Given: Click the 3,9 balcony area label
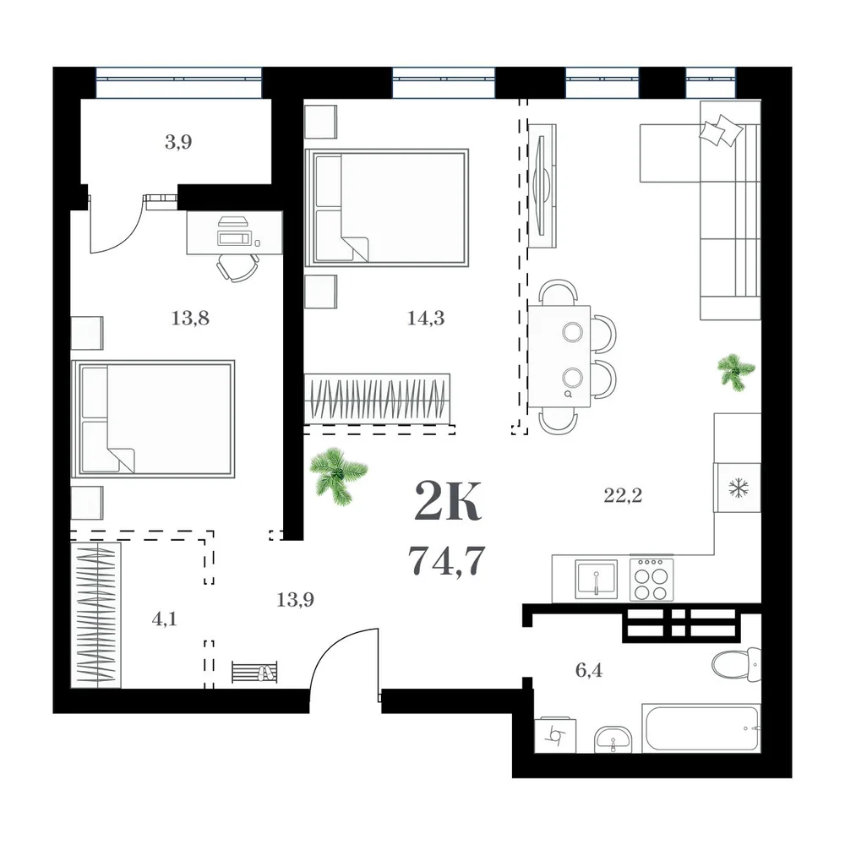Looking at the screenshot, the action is [178, 142].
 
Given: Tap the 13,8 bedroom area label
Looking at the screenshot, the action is [190, 318].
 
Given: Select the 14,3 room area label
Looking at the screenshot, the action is [426, 318].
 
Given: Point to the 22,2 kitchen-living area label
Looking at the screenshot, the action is [623, 494].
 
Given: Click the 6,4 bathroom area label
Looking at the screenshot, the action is [588, 670].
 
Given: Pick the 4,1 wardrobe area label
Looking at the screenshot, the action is [164, 619].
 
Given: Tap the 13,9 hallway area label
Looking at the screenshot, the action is [295, 599].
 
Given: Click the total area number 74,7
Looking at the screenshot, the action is [447, 560].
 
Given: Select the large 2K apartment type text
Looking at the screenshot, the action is [447, 500].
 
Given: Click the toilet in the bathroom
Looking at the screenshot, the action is [736, 665].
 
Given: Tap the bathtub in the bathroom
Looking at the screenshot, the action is [701, 728].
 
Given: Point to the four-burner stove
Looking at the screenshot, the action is [651, 579].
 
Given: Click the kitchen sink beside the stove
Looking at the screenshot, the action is [596, 580].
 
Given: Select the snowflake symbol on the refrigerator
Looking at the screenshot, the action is [736, 488].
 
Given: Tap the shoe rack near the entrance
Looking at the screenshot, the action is [254, 672].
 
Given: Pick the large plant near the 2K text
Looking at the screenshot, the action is [339, 477].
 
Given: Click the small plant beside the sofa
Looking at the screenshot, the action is [736, 372].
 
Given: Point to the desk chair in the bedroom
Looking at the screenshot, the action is [237, 267].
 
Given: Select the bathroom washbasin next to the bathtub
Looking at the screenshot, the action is [613, 739].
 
